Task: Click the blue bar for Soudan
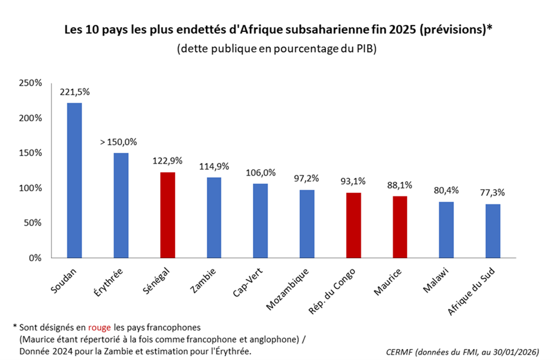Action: pos(74,180)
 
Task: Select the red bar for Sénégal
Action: pos(167,215)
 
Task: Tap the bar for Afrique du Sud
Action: pos(493,231)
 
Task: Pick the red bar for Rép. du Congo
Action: pos(353,225)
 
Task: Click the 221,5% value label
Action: pos(74,92)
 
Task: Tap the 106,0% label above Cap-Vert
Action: pos(260,173)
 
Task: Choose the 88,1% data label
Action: pos(399,185)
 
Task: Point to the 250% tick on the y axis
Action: pos(30,83)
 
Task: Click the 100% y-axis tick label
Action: pos(30,188)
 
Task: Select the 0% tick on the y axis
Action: pos(34,258)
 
